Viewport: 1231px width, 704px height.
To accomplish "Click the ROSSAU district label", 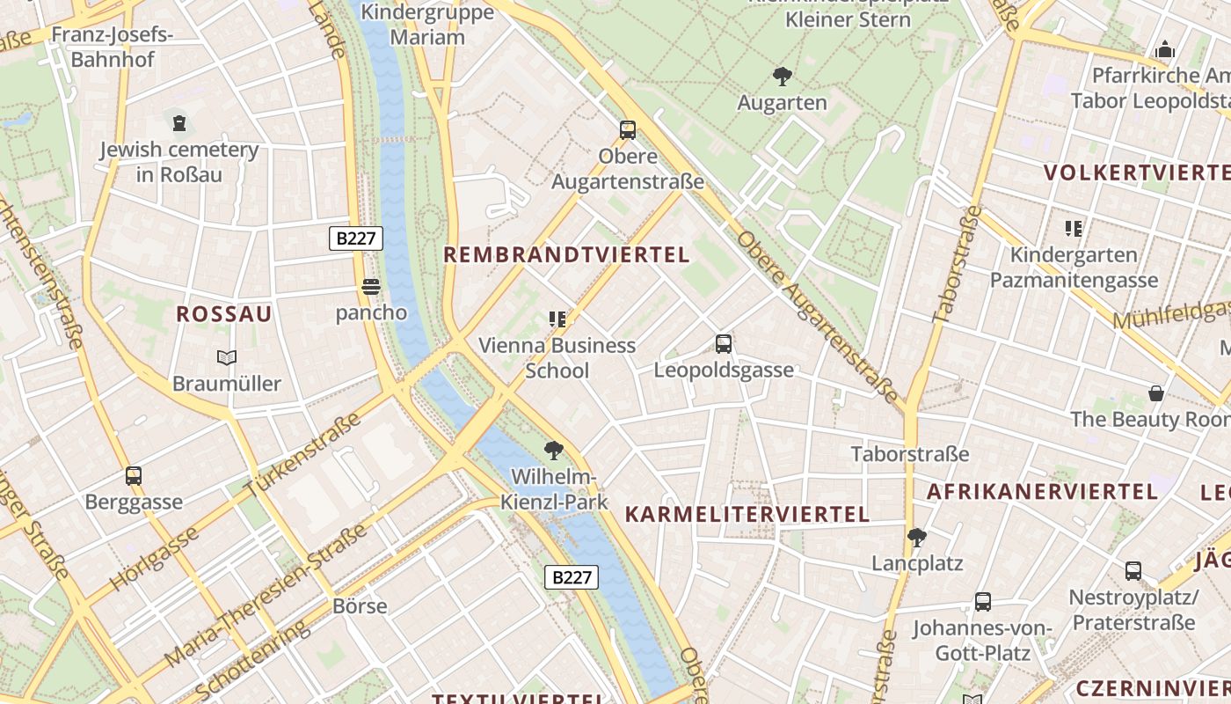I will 224,314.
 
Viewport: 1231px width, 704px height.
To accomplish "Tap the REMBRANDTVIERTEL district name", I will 566,255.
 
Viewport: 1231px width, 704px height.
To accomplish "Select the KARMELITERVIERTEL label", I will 747,514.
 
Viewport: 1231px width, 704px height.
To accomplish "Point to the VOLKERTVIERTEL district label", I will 1135,172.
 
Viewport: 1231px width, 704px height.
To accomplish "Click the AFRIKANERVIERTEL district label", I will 1042,491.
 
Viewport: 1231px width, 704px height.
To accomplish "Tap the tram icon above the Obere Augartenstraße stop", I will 628,130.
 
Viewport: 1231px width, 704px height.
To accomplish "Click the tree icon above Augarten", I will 782,77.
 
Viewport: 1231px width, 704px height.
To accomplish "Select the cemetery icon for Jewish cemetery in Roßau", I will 179,122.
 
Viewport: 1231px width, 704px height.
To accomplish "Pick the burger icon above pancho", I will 371,287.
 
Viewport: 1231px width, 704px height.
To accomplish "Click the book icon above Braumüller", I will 227,357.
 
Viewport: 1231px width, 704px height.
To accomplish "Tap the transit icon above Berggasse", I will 134,476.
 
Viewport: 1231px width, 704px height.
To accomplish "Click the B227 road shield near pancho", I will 356,238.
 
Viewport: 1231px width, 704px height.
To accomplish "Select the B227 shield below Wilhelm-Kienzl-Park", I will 572,577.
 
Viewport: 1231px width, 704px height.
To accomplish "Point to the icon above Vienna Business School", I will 557,319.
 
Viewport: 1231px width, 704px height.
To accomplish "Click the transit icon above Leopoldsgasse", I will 724,343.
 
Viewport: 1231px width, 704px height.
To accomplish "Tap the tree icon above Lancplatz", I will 917,537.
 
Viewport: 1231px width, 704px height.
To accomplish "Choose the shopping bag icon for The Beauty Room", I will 1156,393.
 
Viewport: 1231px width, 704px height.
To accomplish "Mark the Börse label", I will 360,606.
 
